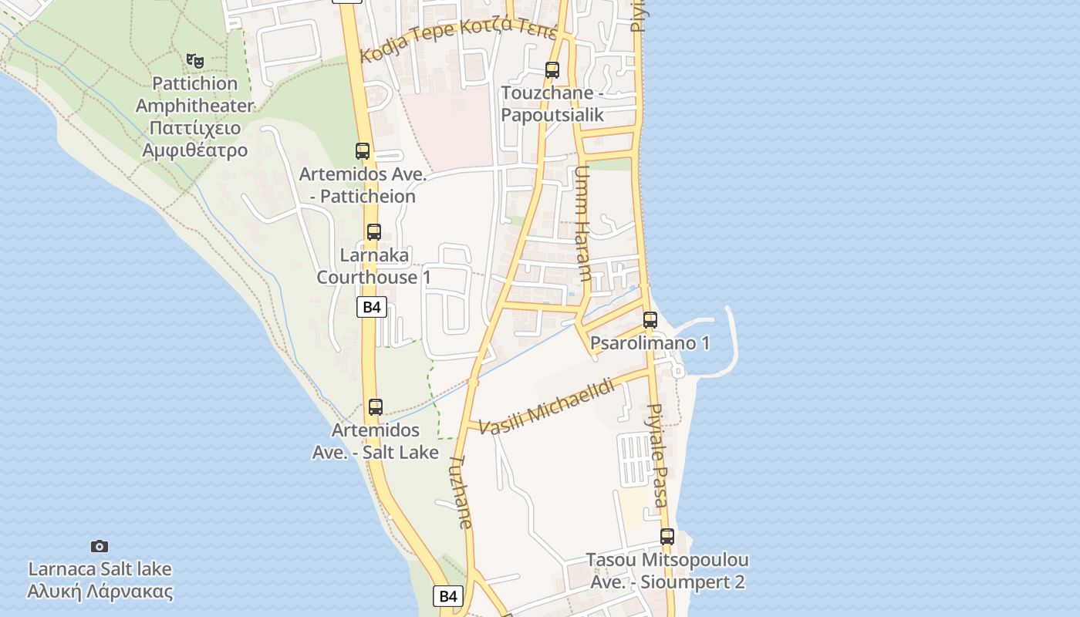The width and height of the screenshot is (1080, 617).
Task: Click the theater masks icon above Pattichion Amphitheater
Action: point(195,60)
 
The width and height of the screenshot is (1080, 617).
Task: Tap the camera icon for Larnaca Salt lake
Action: point(100,546)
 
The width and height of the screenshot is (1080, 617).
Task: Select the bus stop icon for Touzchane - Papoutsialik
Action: point(552,70)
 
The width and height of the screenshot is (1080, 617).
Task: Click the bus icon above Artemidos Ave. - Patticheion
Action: point(363,151)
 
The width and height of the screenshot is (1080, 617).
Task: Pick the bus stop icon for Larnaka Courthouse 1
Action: point(374,231)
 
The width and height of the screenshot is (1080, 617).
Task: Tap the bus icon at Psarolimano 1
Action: point(650,319)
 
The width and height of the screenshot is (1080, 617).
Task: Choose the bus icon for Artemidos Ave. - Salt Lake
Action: point(376,407)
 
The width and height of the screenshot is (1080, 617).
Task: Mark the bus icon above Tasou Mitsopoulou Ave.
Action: point(667,537)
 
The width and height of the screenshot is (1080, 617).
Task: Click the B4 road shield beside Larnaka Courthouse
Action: point(372,307)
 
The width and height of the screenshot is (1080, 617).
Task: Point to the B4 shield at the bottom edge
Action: point(449,595)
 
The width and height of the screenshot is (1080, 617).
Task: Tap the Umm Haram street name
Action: point(583,223)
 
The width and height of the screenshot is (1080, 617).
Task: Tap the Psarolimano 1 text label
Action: point(650,343)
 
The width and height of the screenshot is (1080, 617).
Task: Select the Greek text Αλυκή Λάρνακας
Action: point(100,592)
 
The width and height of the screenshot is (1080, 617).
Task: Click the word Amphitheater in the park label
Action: point(195,106)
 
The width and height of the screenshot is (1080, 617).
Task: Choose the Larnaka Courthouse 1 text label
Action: point(374,265)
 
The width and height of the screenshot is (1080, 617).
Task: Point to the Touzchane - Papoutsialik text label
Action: point(552,104)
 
